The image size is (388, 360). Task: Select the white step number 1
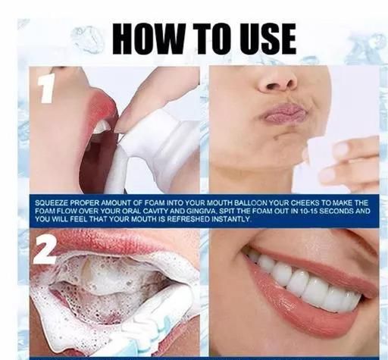[x=46, y=89]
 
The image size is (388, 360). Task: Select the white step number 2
[x=45, y=251]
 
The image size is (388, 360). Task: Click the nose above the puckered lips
[x=277, y=80]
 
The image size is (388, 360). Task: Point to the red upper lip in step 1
[x=104, y=106]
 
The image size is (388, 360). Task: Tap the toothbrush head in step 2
[x=157, y=321]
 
